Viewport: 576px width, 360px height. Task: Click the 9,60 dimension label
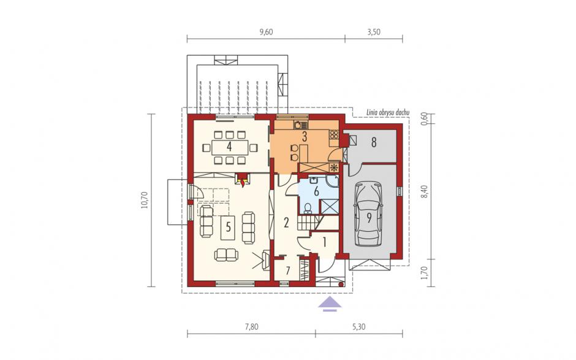pyautogui.click(x=267, y=32)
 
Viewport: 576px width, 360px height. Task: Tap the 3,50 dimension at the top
pyautogui.click(x=374, y=32)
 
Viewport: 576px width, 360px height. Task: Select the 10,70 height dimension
pyautogui.click(x=144, y=200)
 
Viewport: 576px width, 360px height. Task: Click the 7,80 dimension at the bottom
pyautogui.click(x=251, y=327)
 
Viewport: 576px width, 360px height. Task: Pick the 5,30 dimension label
pyautogui.click(x=359, y=327)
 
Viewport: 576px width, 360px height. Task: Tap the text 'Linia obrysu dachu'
pyautogui.click(x=387, y=113)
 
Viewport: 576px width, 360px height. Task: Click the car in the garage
pyautogui.click(x=369, y=215)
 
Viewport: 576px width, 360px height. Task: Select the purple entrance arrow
pyautogui.click(x=330, y=304)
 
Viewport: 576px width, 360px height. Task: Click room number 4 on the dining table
pyautogui.click(x=229, y=147)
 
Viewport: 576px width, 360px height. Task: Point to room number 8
pyautogui.click(x=374, y=142)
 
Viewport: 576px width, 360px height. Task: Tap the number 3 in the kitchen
pyautogui.click(x=304, y=137)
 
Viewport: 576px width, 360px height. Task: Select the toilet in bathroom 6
pyautogui.click(x=308, y=209)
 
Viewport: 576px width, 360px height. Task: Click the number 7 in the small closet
pyautogui.click(x=288, y=270)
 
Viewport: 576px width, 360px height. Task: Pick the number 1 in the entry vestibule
pyautogui.click(x=324, y=242)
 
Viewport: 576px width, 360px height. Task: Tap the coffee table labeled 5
pyautogui.click(x=228, y=228)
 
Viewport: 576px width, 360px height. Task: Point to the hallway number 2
pyautogui.click(x=287, y=223)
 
